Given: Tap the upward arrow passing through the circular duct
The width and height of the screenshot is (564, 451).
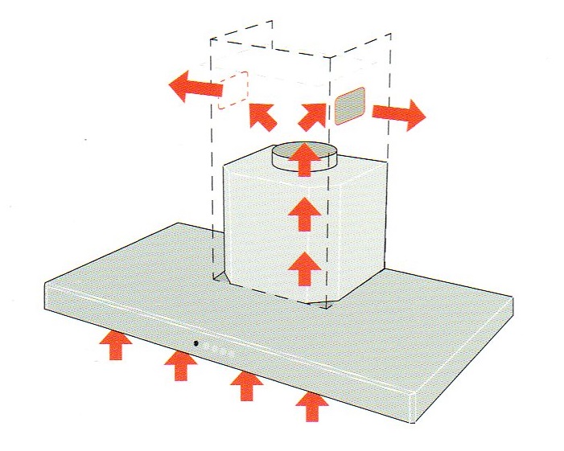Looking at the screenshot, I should point(303,158).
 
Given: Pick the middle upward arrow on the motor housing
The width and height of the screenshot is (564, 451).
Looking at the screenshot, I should point(303,214).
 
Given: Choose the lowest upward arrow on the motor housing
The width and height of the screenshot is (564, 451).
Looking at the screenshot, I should point(303,266).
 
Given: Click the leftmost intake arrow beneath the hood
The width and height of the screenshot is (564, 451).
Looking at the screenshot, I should point(117,346).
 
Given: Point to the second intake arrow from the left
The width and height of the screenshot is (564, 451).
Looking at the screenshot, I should point(180,367).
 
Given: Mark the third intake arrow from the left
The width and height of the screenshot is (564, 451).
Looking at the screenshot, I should point(246,387).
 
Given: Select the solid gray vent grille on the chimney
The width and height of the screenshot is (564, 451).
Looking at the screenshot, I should point(350,107).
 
